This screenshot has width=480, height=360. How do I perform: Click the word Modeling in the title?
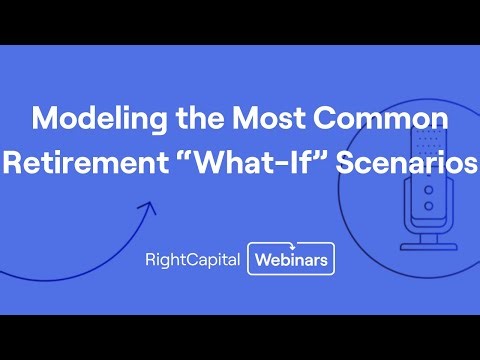coord(93,118)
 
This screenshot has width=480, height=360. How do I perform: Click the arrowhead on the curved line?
coord(148,209)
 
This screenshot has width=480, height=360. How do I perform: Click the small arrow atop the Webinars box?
coord(290,242)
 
